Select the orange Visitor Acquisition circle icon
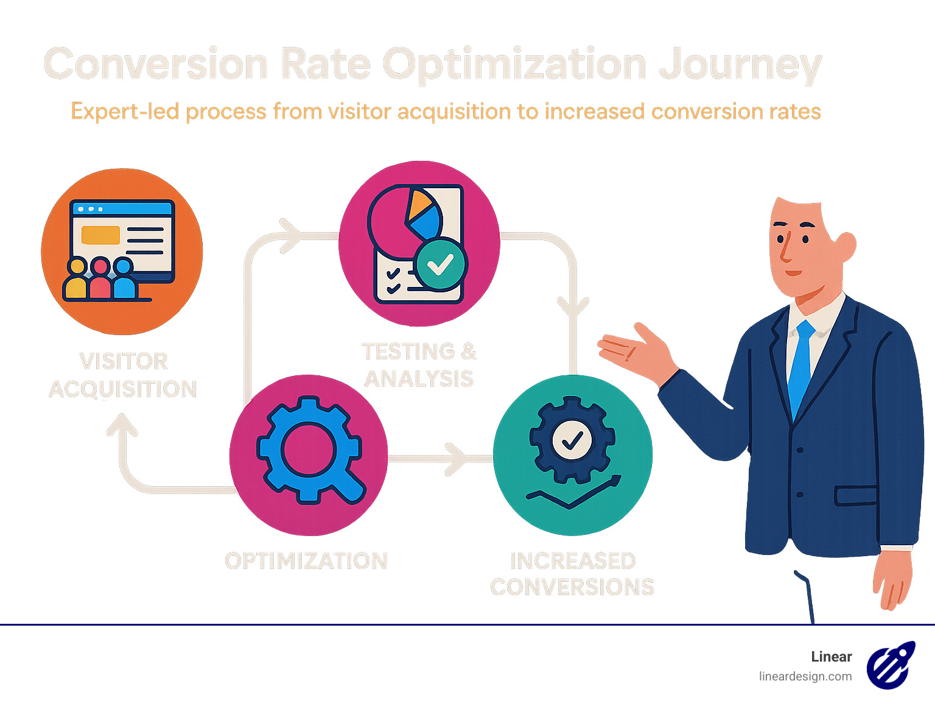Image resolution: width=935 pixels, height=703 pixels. coord(122,251)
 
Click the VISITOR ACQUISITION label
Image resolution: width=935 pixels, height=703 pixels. coord(123,375)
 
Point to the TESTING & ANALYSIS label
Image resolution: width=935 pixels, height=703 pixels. coord(419,365)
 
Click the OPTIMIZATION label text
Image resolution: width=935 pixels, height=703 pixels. coord(306,561)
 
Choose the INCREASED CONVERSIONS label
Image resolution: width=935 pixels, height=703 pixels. coord(572,574)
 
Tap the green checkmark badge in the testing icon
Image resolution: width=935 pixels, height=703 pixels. coord(440,264)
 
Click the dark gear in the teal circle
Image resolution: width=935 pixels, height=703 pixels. coord(572,440)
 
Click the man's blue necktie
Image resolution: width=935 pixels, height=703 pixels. coord(800,366)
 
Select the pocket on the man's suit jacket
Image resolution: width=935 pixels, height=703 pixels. coord(855,495)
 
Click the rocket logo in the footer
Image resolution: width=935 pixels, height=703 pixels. coord(891,665)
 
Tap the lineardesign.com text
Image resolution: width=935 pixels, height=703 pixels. coord(805,677)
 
